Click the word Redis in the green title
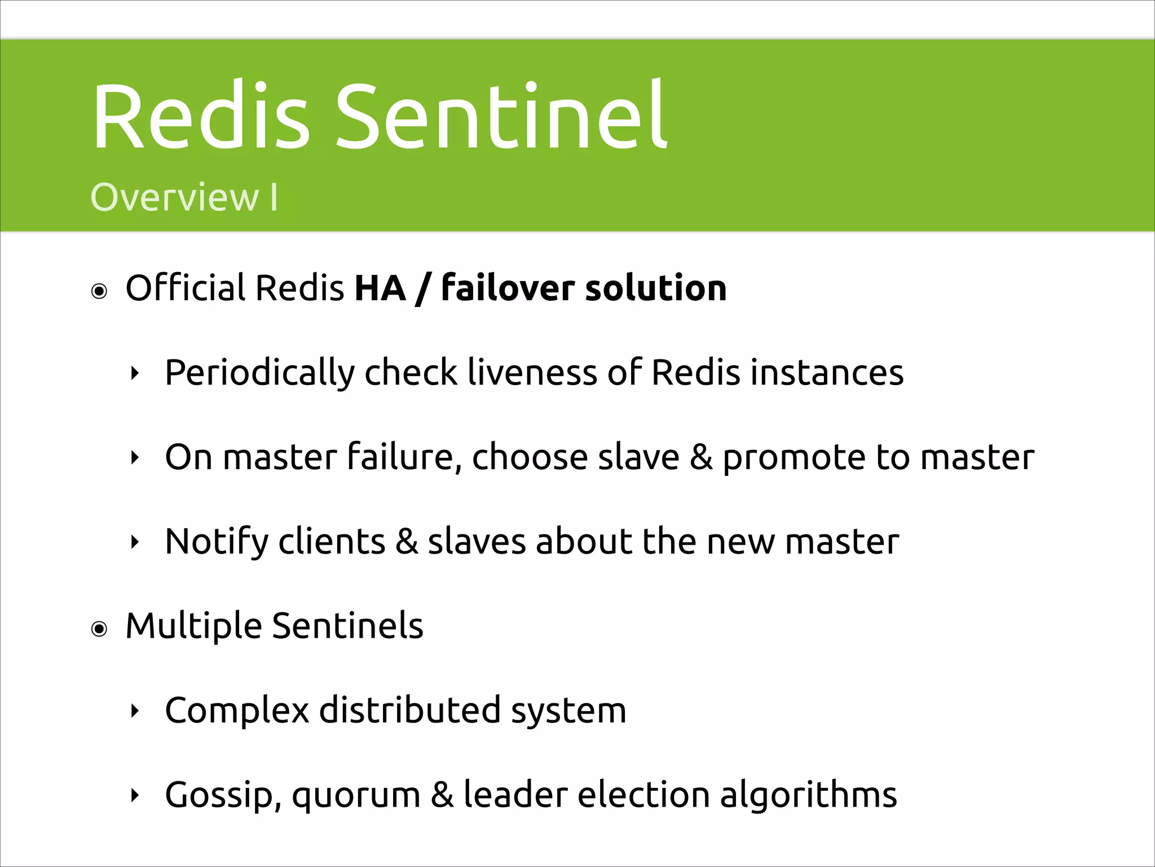[x=201, y=117]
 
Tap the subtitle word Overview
[x=174, y=198]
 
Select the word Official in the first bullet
[x=186, y=288]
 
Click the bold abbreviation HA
[x=380, y=288]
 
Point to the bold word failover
[x=507, y=288]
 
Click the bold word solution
[x=656, y=288]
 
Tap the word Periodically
[x=259, y=373]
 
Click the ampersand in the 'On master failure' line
[x=700, y=457]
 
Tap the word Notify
[x=217, y=542]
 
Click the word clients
[x=332, y=542]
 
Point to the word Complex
[x=236, y=710]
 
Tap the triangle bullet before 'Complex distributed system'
[x=134, y=711]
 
